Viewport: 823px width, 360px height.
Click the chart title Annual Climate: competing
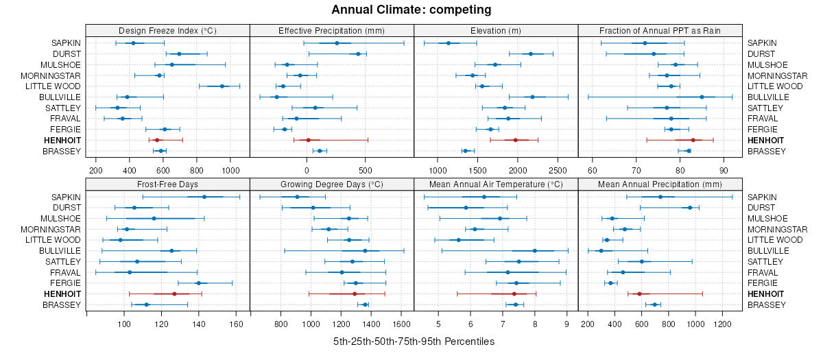pyautogui.click(x=411, y=10)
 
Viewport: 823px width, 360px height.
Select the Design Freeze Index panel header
pyautogui.click(x=167, y=30)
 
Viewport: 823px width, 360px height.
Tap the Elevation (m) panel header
pyautogui.click(x=496, y=30)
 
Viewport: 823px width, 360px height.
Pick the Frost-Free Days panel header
pyautogui.click(x=167, y=184)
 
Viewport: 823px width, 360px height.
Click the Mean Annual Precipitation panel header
pyautogui.click(x=660, y=184)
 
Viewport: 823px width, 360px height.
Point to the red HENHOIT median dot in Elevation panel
pyautogui.click(x=515, y=140)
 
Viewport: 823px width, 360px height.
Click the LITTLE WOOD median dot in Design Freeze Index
pyautogui.click(x=222, y=86)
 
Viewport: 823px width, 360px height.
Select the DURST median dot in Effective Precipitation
pyautogui.click(x=358, y=53)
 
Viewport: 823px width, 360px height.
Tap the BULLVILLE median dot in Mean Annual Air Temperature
pyautogui.click(x=535, y=250)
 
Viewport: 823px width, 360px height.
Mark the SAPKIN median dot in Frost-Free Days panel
pyautogui.click(x=204, y=197)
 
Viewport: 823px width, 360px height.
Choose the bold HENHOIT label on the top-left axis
pyautogui.click(x=62, y=140)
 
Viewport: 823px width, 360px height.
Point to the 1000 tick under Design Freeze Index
pyautogui.click(x=230, y=170)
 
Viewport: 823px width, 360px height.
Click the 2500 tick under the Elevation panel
pyautogui.click(x=558, y=170)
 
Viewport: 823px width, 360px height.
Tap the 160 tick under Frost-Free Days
pyautogui.click(x=236, y=324)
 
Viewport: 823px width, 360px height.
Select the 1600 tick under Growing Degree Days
pyautogui.click(x=402, y=324)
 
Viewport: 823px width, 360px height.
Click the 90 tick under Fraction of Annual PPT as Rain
pyautogui.click(x=723, y=170)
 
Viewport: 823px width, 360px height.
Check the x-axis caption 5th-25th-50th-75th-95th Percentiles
pyautogui.click(x=414, y=341)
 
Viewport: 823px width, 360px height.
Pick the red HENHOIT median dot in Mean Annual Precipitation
pyautogui.click(x=639, y=293)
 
